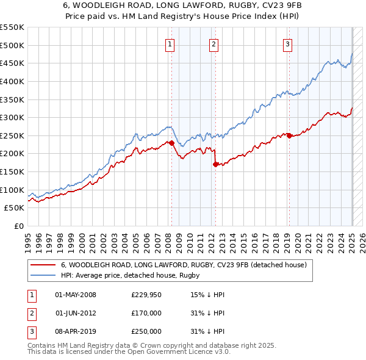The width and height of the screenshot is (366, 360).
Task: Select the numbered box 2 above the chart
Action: point(214,43)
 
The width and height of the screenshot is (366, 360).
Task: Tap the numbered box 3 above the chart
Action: point(287,43)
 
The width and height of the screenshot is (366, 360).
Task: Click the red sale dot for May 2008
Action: point(171,143)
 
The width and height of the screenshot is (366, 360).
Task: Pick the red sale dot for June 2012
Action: point(215,164)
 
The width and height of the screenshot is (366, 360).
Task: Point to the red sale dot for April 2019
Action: point(289,135)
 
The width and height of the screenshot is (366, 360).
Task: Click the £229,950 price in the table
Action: point(146,295)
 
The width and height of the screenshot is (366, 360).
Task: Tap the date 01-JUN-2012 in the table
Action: point(76,313)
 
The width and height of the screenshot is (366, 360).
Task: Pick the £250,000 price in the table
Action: point(146,331)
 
